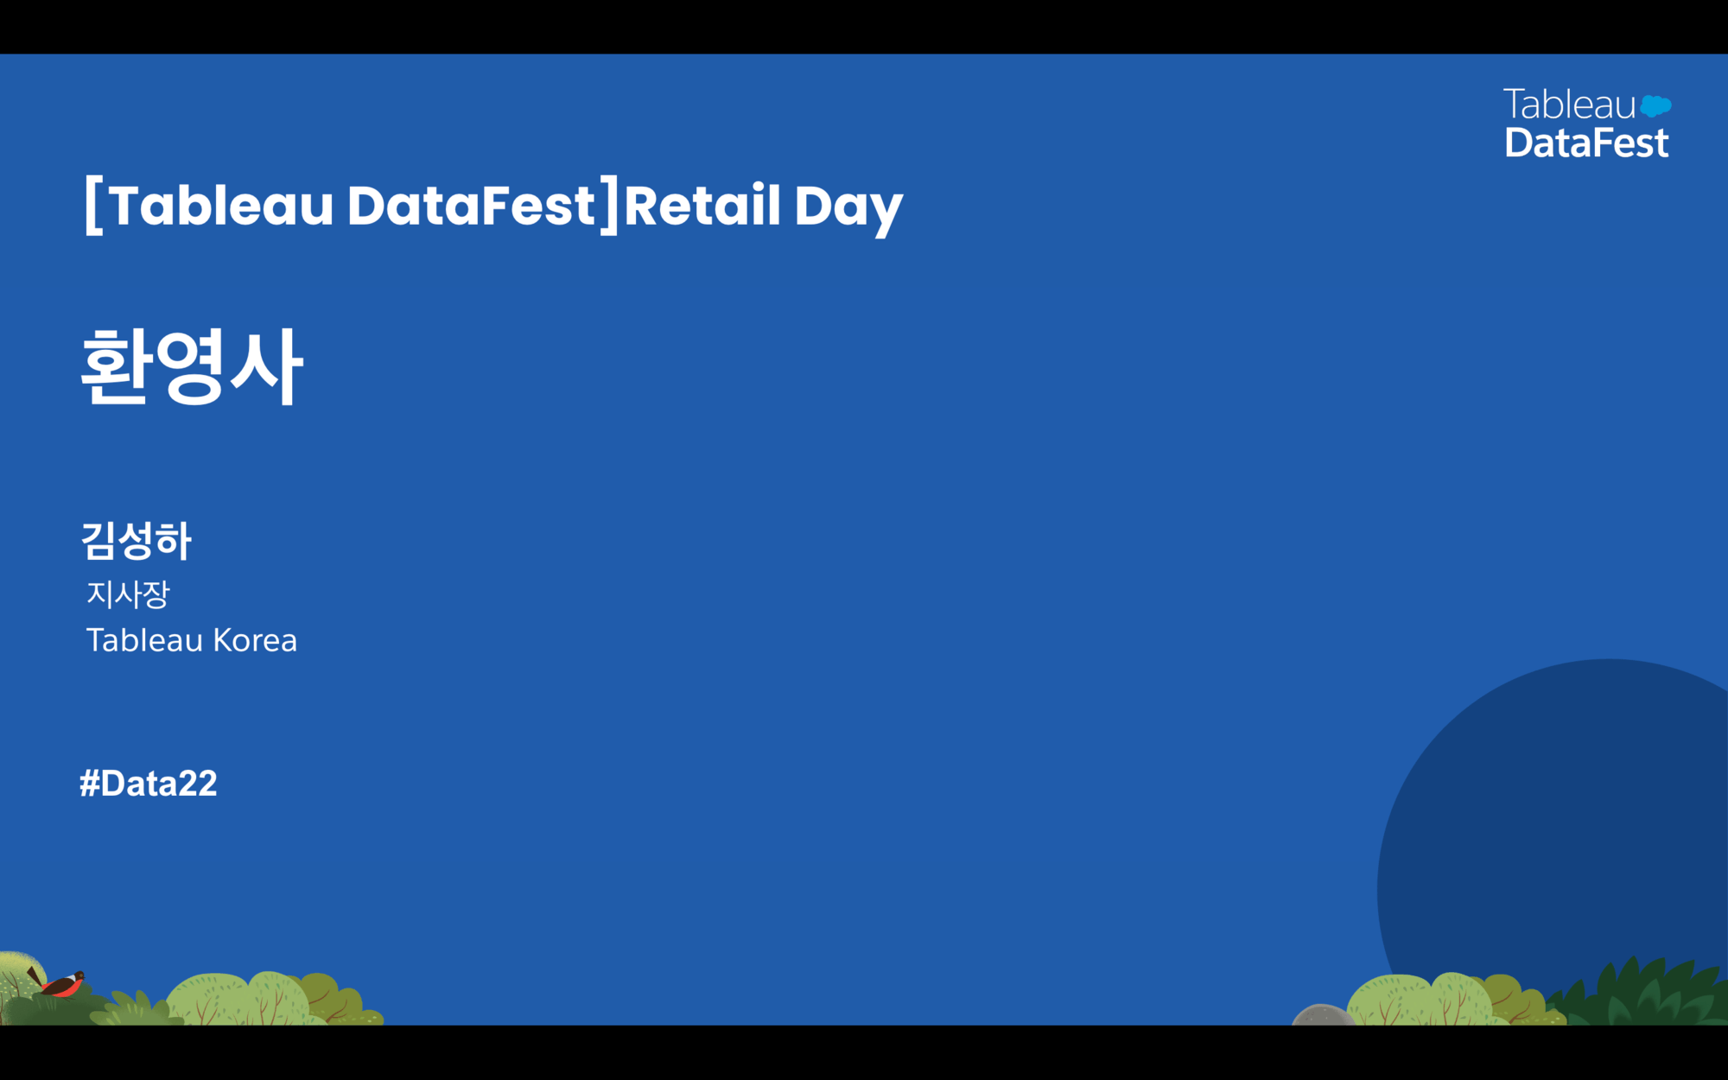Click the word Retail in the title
tap(702, 206)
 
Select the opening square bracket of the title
tap(94, 206)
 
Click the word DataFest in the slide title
tap(471, 206)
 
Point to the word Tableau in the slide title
tap(221, 206)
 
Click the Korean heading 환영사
tap(192, 366)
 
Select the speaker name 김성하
tap(136, 541)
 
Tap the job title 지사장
tap(128, 594)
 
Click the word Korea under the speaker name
tap(255, 640)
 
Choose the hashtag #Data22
tap(148, 784)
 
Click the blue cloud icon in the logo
tap(1655, 106)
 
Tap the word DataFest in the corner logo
tap(1586, 143)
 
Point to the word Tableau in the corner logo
tap(1570, 105)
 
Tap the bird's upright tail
tap(34, 975)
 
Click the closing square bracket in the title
tap(610, 206)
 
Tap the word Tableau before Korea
tap(144, 640)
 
